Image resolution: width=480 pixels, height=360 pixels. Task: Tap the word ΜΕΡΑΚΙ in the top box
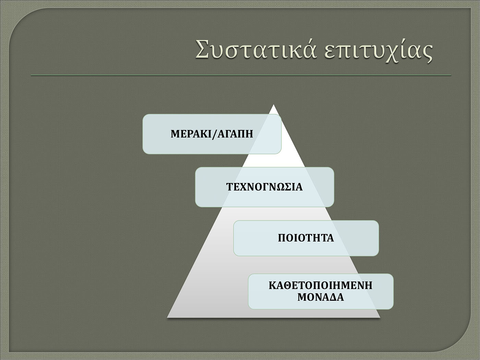(191, 134)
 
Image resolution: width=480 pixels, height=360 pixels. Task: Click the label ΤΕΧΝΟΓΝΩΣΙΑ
(264, 187)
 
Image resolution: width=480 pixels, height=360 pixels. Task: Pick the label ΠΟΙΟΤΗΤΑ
(306, 238)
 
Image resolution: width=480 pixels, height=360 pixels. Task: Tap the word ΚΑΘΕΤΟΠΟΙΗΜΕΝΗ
(321, 286)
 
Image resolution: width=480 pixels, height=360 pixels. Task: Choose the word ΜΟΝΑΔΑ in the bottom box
(321, 297)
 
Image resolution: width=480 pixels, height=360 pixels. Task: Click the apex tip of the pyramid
(273, 105)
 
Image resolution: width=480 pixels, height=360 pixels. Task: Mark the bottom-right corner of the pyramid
(380, 317)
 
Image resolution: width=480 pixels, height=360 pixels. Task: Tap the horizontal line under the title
(241, 75)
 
